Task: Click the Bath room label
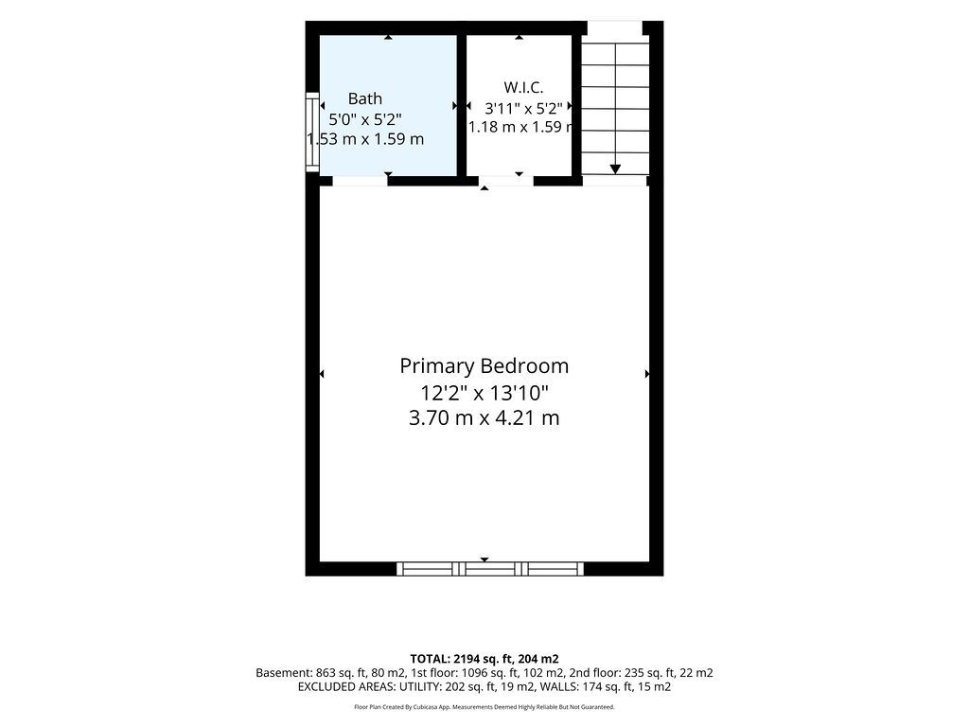(364, 98)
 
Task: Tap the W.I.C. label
(523, 87)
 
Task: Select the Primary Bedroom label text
(484, 366)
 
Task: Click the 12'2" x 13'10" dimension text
(484, 393)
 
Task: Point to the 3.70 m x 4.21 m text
(484, 417)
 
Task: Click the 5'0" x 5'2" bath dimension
(365, 118)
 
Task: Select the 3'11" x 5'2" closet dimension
(523, 109)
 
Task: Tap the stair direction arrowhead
(615, 168)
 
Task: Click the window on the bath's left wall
(312, 132)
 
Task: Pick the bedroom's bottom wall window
(490, 569)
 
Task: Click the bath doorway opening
(360, 181)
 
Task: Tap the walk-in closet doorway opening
(506, 181)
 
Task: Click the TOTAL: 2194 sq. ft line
(484, 659)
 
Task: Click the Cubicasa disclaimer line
(484, 706)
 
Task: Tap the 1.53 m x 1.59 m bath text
(365, 139)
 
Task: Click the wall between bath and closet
(461, 105)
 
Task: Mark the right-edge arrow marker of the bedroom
(647, 374)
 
